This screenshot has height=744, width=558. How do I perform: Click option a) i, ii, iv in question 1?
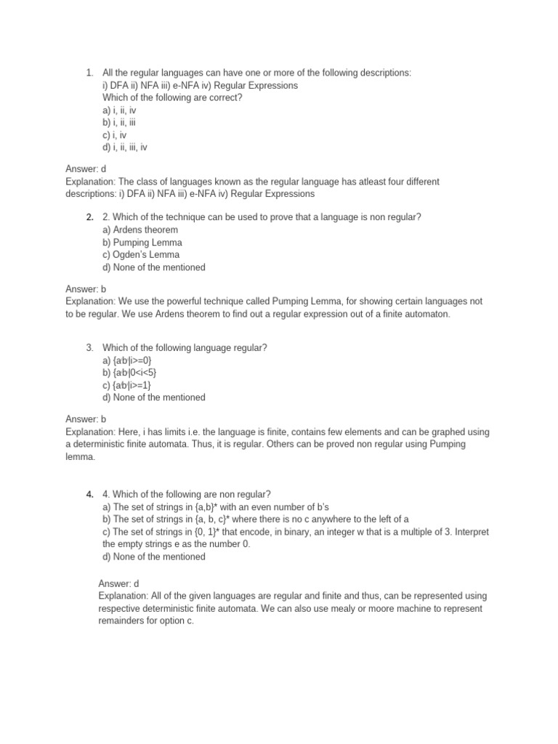[119, 110]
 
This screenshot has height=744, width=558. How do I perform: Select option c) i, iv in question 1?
[116, 134]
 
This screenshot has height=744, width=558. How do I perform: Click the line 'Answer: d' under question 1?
[86, 169]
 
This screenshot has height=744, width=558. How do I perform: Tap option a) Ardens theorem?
[140, 230]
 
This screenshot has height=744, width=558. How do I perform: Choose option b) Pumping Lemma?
[142, 243]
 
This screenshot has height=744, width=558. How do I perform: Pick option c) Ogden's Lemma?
[141, 255]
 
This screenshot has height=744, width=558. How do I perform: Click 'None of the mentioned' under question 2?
[154, 267]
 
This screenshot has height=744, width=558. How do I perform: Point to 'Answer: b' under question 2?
[86, 288]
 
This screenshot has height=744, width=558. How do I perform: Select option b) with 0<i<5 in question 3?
[129, 373]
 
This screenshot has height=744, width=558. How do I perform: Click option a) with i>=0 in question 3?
[127, 360]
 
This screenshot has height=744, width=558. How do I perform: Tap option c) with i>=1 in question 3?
[127, 385]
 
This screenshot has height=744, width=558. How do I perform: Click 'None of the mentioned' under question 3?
[154, 397]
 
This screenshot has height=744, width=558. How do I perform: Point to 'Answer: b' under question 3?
[86, 419]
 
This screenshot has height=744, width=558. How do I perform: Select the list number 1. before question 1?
[89, 73]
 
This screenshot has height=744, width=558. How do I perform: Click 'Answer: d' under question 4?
[118, 583]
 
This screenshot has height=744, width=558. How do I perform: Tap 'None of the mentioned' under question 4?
[154, 557]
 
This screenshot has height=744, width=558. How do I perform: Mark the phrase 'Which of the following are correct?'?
[172, 97]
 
